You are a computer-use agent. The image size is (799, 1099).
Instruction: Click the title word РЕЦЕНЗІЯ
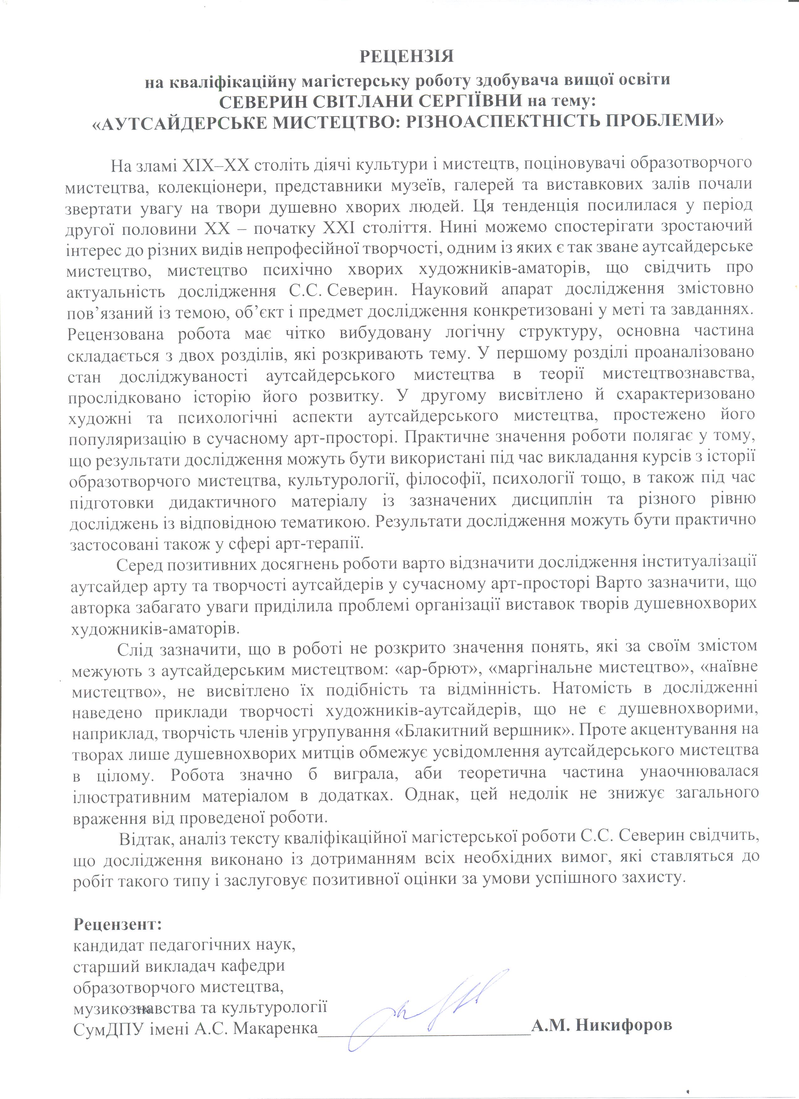[x=406, y=57]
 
